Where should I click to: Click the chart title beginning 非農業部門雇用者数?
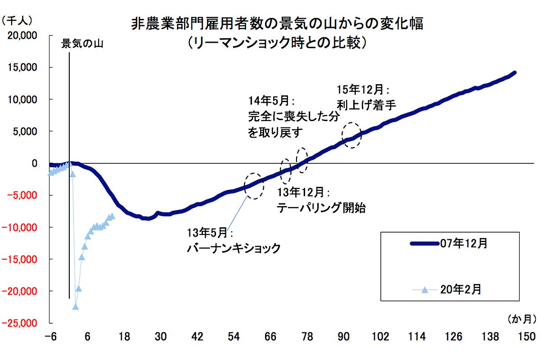[x=277, y=24]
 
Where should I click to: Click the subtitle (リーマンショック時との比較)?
[x=279, y=43]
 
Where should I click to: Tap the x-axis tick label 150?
[x=527, y=337]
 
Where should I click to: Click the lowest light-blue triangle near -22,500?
[x=75, y=306]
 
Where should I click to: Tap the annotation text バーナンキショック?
[x=234, y=248]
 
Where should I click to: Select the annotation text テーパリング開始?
[x=320, y=208]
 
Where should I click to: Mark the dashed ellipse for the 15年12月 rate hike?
[x=351, y=135]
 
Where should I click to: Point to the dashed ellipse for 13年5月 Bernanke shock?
[x=254, y=186]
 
